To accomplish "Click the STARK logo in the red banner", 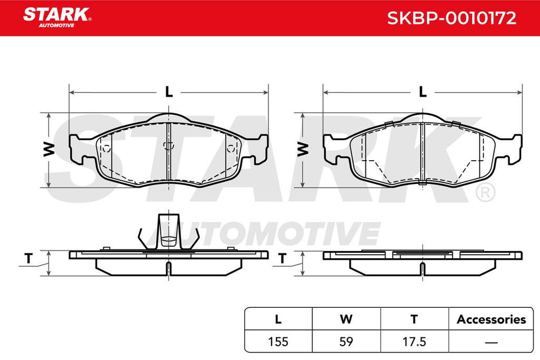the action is pyautogui.click(x=57, y=17).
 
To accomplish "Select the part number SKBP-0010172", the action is pyautogui.click(x=451, y=18).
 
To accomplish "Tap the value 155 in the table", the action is pyautogui.click(x=278, y=342).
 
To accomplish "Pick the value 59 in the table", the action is pyautogui.click(x=346, y=342).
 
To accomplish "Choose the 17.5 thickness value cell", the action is pyautogui.click(x=414, y=342).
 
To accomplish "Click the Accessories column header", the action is pyautogui.click(x=491, y=319).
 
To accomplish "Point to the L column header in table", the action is pyautogui.click(x=278, y=319).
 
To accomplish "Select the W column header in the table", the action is pyautogui.click(x=346, y=319).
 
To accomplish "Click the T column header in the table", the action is pyautogui.click(x=414, y=319).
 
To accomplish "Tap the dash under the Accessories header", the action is pyautogui.click(x=491, y=342).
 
